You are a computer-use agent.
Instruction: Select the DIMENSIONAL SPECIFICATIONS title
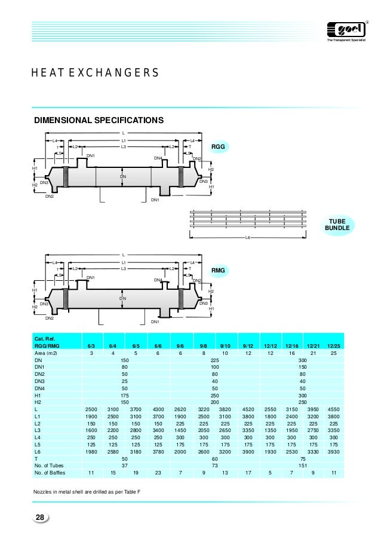(99, 120)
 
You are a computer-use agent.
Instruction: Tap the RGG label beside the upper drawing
(221, 146)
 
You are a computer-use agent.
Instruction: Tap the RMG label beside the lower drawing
(219, 271)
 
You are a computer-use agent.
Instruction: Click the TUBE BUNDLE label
(337, 225)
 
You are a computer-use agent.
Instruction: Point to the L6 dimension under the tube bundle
(248, 238)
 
